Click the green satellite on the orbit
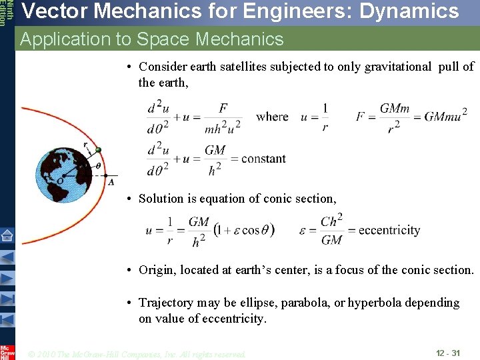pos(98,150)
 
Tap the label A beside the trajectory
pos(111,181)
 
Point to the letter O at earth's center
pos(61,179)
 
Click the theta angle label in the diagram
pos(99,167)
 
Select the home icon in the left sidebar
pos(7,235)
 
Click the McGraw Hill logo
pos(7,352)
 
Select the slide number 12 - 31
pos(448,353)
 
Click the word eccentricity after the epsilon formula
pos(389,230)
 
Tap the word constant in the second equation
pos(263,159)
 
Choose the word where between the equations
pos(272,117)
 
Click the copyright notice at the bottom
pos(137,353)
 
